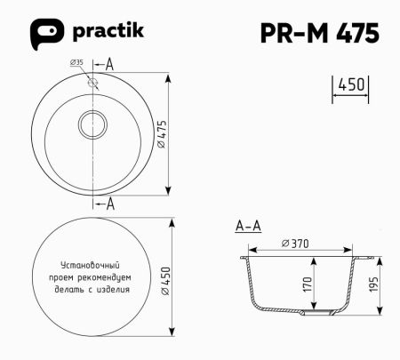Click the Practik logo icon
pyautogui.click(x=48, y=33)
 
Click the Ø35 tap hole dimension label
pyautogui.click(x=76, y=63)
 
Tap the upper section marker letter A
pyautogui.click(x=110, y=64)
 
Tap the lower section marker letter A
pyautogui.click(x=110, y=204)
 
